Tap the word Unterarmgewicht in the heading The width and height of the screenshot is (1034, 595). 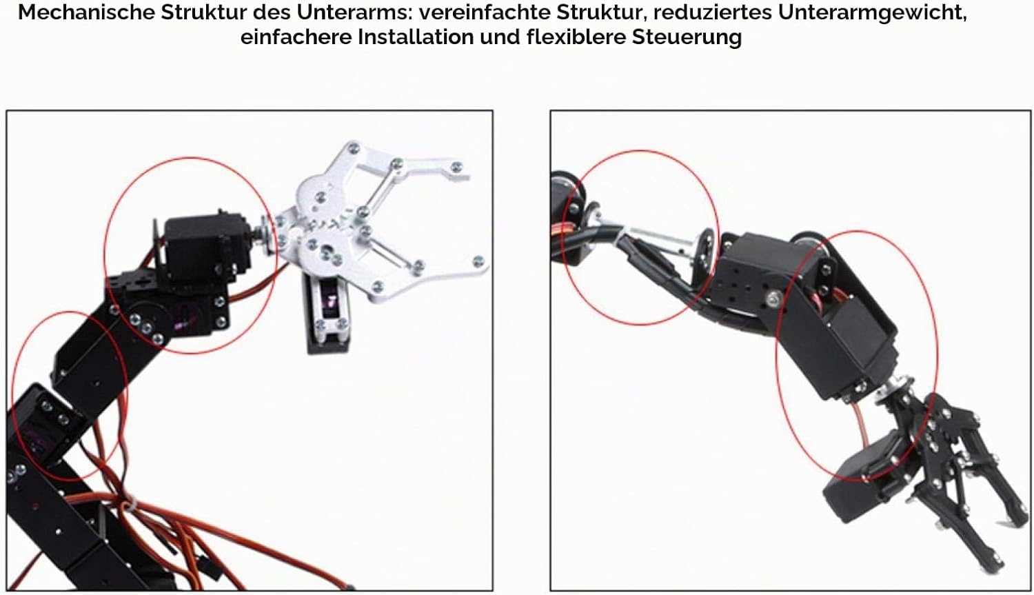point(872,13)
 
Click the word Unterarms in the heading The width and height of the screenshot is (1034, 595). point(354,12)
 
